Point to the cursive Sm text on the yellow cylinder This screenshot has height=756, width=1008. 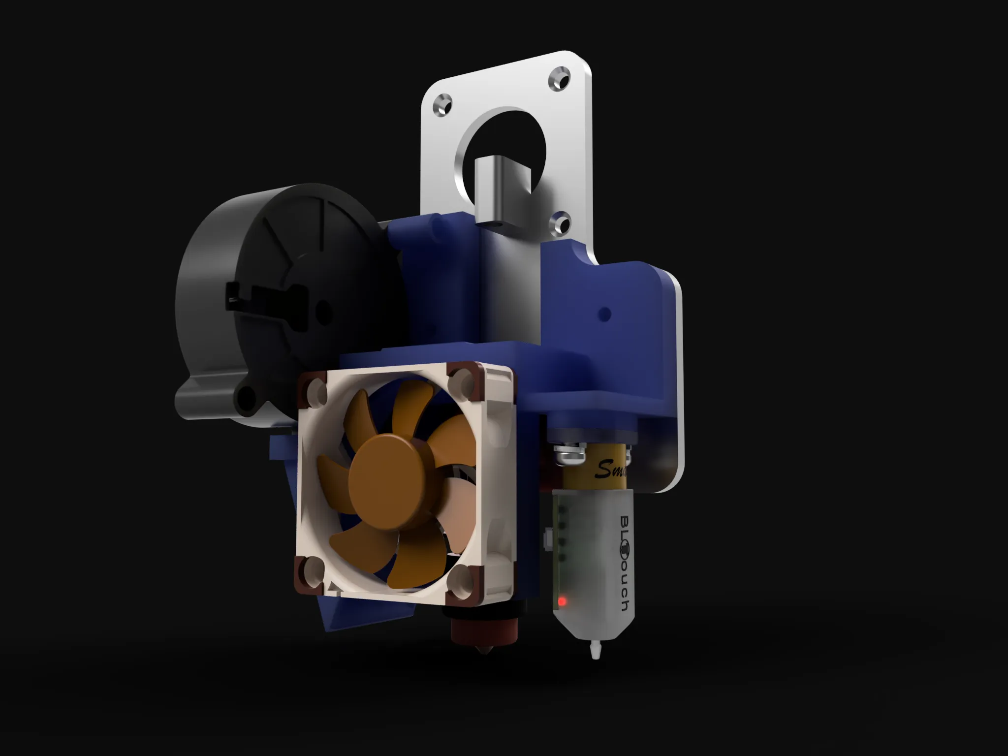coord(610,471)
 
